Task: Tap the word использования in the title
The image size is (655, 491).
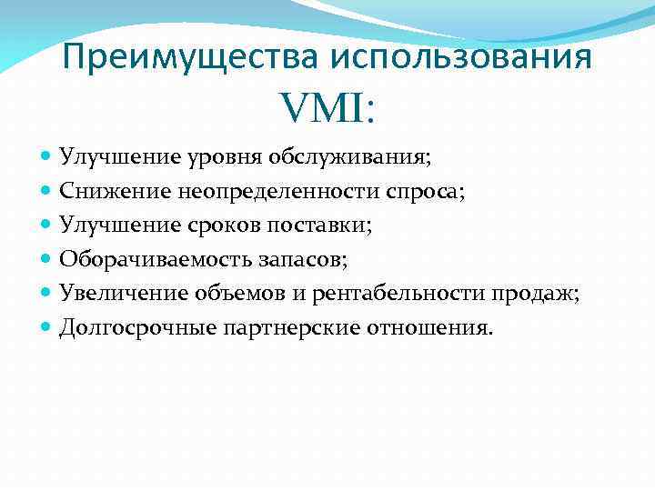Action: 461,57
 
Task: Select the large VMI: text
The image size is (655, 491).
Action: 328,111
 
